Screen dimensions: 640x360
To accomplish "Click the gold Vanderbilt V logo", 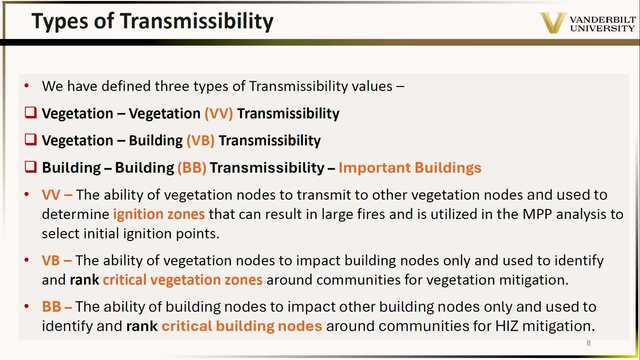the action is coord(553,22).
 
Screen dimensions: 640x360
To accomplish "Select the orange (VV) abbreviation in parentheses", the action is coord(218,113).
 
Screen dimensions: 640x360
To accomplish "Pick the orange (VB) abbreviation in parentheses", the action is coord(200,140).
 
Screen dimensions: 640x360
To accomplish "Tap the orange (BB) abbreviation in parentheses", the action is coord(191,168).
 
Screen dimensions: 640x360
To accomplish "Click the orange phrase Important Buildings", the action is coord(410,168).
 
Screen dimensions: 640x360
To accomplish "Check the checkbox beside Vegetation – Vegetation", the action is coord(31,113).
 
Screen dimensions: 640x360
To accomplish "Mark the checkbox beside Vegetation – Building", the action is coord(31,140).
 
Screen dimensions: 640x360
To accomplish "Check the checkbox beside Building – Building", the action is coord(31,167).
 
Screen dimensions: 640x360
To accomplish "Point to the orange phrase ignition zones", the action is coord(159,214).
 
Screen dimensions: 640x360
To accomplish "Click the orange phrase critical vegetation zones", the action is coord(182,280).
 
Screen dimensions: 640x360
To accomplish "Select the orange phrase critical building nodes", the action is coord(242,326).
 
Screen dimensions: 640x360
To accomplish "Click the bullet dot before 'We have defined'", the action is coord(27,86).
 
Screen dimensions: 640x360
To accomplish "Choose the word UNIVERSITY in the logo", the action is coord(602,28).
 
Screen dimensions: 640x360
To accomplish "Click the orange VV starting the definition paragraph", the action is coord(51,195).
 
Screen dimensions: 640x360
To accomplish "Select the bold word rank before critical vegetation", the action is coord(84,280).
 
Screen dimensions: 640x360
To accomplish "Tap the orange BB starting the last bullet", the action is coord(51,307).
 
